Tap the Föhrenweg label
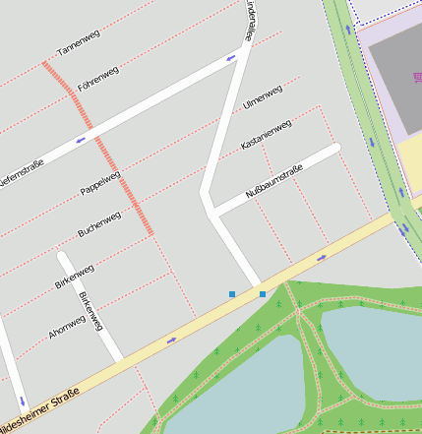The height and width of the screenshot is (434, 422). (x=99, y=77)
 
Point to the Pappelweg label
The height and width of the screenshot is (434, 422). (x=100, y=184)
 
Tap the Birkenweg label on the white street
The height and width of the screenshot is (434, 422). (x=90, y=310)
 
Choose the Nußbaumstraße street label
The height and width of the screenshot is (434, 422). (x=273, y=183)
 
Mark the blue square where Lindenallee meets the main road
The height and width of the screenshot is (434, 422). (x=263, y=293)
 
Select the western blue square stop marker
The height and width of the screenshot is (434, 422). (x=232, y=293)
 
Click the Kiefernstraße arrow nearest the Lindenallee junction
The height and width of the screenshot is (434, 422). (x=230, y=57)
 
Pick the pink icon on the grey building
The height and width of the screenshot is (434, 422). (x=413, y=76)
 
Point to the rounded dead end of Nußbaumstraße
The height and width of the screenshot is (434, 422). (x=335, y=148)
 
